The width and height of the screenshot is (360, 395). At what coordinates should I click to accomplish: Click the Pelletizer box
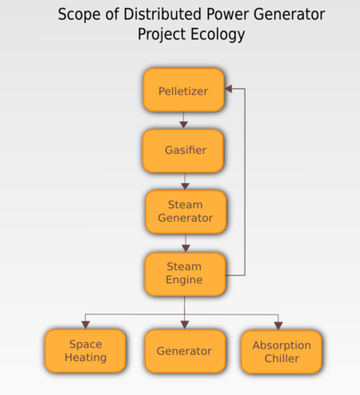[x=184, y=90]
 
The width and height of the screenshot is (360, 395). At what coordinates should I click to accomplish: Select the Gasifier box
[x=183, y=151]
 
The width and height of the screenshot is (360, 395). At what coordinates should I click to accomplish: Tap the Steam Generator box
[x=186, y=212]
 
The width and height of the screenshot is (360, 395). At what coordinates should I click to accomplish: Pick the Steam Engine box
[x=185, y=274]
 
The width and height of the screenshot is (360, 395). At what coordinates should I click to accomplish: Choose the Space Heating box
[x=86, y=350]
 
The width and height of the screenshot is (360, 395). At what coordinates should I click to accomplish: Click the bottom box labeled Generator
[x=185, y=351]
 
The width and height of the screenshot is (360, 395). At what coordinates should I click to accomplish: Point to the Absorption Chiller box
[x=281, y=352]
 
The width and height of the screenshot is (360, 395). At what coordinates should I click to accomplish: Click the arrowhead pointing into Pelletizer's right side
[x=229, y=88]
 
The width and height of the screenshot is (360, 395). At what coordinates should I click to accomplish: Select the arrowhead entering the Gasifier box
[x=184, y=125]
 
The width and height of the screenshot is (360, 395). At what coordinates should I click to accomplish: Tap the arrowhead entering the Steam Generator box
[x=185, y=186]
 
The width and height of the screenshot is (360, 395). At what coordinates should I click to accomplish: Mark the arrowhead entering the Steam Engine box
[x=186, y=248]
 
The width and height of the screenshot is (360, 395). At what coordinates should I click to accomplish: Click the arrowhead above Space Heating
[x=86, y=325]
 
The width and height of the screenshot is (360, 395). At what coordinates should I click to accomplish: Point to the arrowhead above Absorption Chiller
[x=279, y=326]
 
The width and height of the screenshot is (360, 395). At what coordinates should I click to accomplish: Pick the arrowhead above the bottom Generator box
[x=185, y=325]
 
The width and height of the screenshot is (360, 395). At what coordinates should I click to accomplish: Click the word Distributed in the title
[x=163, y=14]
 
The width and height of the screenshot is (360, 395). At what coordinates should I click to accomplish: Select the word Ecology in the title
[x=218, y=34]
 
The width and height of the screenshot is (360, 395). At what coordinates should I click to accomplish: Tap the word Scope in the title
[x=80, y=15]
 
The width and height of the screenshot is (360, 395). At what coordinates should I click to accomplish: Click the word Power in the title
[x=228, y=14]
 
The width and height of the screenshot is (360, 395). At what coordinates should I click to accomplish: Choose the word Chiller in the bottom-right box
[x=281, y=358]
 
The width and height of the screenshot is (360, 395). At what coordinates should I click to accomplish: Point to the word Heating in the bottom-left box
[x=86, y=357]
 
